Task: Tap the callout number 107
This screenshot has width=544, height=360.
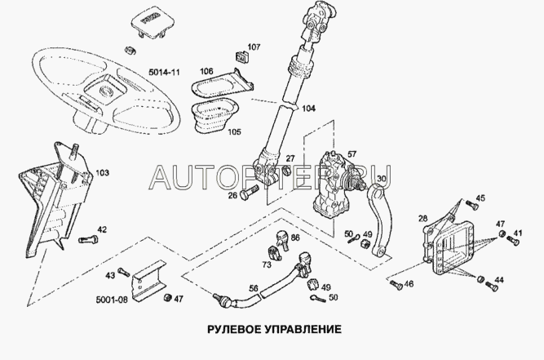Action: (x=254, y=46)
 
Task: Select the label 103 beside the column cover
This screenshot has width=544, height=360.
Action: (x=102, y=173)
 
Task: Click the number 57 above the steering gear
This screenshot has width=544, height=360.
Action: (x=352, y=153)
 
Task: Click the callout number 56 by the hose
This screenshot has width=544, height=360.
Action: (x=254, y=288)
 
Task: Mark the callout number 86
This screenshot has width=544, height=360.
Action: (x=295, y=237)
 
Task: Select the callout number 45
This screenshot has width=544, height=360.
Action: (x=480, y=198)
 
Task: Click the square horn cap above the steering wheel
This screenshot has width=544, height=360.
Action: (x=146, y=20)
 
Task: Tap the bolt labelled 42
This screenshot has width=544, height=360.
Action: (x=89, y=239)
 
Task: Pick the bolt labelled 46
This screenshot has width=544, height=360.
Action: (x=396, y=285)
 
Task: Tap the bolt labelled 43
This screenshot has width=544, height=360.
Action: (x=123, y=271)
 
